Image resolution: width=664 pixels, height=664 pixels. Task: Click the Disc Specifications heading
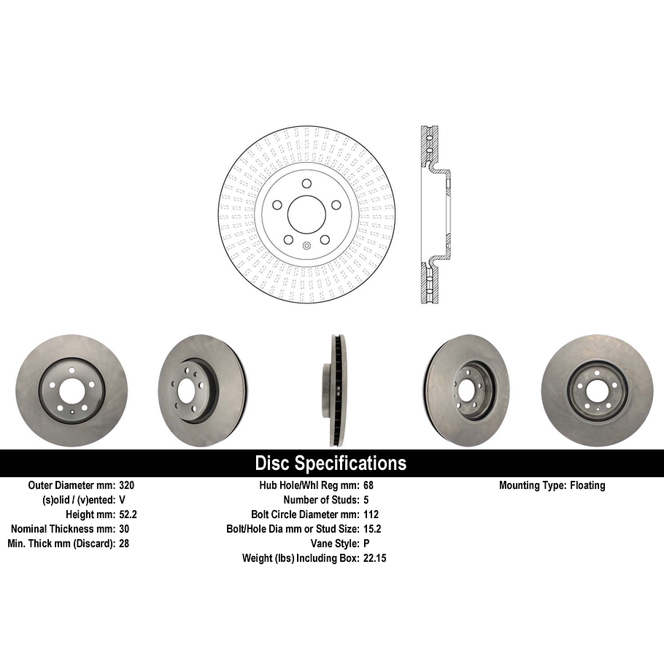click(331, 463)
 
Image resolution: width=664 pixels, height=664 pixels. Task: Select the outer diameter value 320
click(127, 485)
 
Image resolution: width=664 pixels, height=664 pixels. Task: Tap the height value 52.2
click(128, 514)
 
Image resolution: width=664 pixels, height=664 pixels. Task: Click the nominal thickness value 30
click(124, 529)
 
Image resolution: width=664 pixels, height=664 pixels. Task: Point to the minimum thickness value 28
click(124, 544)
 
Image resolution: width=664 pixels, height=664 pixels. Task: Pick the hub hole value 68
click(368, 485)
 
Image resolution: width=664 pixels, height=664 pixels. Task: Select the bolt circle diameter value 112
click(371, 514)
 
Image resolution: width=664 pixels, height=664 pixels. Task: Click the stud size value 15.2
click(372, 529)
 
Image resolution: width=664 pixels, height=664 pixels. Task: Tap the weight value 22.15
click(374, 558)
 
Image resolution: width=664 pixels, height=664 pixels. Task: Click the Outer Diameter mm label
click(72, 485)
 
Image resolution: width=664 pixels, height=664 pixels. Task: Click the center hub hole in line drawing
click(306, 214)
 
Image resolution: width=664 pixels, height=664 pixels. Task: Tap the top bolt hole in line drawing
click(306, 183)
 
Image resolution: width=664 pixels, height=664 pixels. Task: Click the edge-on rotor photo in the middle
click(335, 390)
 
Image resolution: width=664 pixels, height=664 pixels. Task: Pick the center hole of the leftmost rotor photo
click(72, 391)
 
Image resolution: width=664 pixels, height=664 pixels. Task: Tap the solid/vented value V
click(122, 500)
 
